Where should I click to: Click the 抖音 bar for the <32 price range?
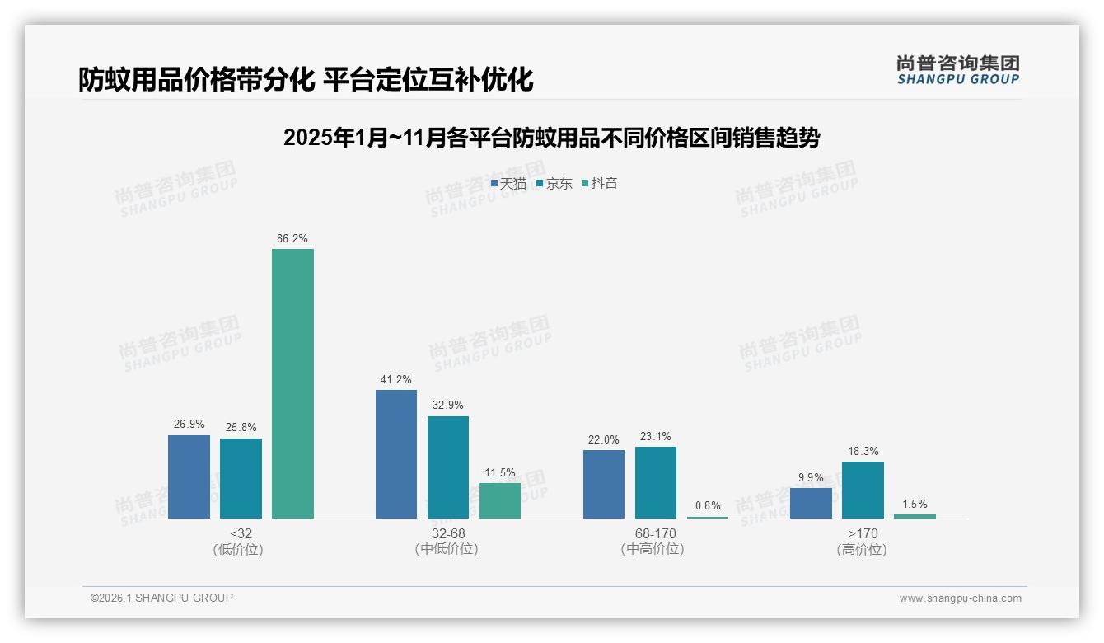click(292, 383)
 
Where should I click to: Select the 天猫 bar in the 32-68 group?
click(396, 454)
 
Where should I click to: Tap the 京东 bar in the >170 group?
click(863, 490)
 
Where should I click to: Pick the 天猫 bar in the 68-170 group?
click(604, 484)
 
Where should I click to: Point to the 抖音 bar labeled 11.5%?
click(500, 500)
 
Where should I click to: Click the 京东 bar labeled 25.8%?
click(241, 478)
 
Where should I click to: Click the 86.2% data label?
click(292, 239)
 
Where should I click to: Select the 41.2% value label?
click(396, 380)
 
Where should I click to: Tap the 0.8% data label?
click(708, 506)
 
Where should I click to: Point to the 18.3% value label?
click(863, 452)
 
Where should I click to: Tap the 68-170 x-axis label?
click(655, 534)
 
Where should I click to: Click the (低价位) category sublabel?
click(238, 550)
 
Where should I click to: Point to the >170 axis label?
click(862, 534)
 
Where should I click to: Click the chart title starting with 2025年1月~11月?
click(551, 138)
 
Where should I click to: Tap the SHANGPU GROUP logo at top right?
click(957, 70)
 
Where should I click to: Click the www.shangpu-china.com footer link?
click(960, 598)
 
